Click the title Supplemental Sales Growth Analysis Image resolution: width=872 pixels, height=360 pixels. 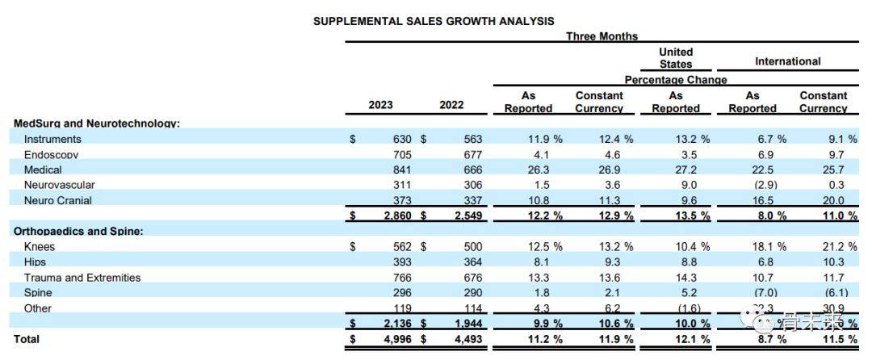434,21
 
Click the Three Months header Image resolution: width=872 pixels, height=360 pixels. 602,36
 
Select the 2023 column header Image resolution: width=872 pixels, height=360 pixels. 380,105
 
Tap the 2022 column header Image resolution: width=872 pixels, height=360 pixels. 451,105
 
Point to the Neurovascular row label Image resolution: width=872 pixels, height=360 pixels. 59,185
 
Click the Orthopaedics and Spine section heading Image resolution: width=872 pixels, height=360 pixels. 78,231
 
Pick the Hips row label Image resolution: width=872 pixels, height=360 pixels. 35,262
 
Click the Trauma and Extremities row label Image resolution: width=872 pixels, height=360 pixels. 82,278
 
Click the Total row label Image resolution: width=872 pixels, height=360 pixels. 27,339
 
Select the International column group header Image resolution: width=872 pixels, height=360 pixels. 787,61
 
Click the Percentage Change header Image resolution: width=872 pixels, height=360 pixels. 675,80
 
